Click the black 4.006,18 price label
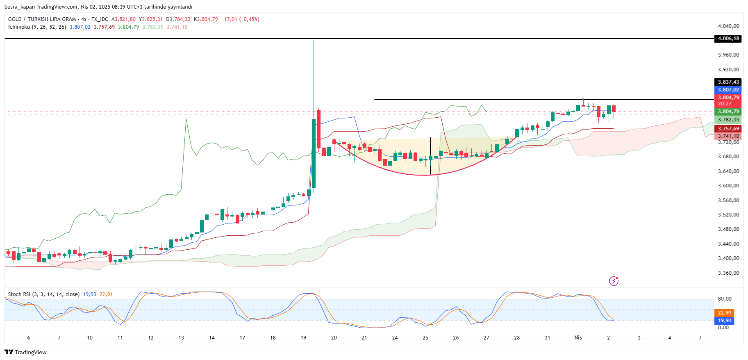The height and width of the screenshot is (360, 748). (x=728, y=39)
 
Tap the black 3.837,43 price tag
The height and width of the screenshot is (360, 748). (x=728, y=82)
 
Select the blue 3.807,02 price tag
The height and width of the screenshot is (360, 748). (x=728, y=90)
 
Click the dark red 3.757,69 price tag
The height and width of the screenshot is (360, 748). (x=728, y=129)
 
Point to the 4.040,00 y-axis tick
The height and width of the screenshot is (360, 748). (x=728, y=26)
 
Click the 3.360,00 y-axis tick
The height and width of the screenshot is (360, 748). (x=728, y=273)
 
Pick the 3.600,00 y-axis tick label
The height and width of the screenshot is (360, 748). (x=728, y=186)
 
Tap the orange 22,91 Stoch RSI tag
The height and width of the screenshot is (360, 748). (x=725, y=313)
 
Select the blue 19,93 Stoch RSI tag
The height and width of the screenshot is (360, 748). (x=725, y=321)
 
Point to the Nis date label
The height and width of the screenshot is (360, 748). (x=578, y=338)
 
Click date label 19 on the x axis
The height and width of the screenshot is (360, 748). (x=303, y=338)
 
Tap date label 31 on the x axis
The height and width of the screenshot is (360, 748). (x=548, y=338)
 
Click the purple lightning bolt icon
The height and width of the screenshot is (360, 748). (x=614, y=281)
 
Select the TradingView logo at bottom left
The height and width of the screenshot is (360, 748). (x=26, y=352)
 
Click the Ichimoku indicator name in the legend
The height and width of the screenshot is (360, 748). (x=19, y=27)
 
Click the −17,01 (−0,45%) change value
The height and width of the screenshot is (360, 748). (x=240, y=19)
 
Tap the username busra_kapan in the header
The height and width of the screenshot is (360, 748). (x=20, y=7)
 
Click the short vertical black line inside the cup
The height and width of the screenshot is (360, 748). (x=430, y=156)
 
